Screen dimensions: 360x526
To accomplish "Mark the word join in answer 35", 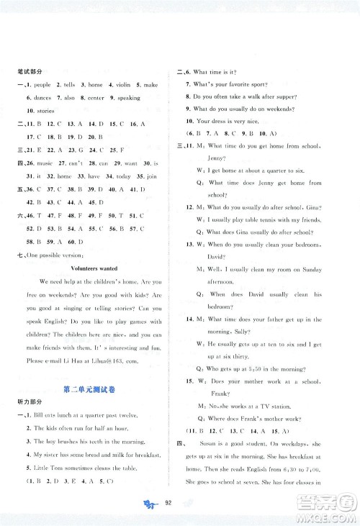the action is click(x=154, y=176).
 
